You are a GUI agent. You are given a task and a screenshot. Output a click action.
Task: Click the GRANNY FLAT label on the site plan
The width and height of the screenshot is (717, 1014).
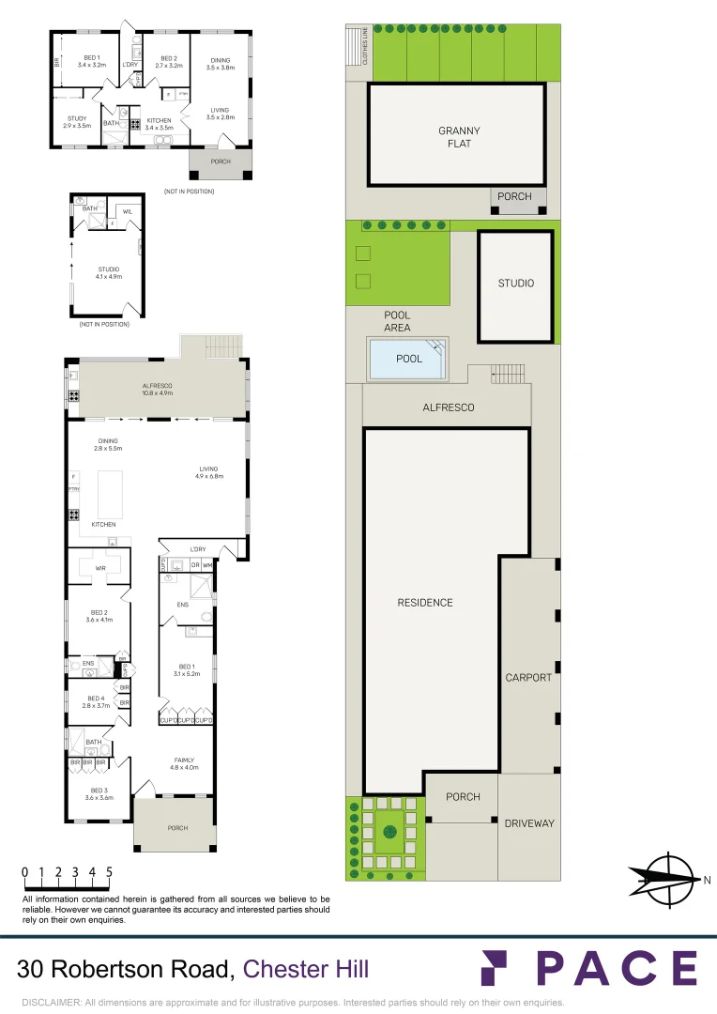click(459, 137)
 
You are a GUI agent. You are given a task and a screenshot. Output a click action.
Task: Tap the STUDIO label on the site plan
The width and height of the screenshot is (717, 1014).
click(515, 283)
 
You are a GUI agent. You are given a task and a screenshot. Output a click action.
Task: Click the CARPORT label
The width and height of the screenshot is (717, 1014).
click(528, 677)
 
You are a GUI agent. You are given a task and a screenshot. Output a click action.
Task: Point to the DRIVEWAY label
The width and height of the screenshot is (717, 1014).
click(529, 823)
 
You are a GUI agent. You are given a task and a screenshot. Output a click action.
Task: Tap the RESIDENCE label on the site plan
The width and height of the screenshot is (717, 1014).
click(425, 603)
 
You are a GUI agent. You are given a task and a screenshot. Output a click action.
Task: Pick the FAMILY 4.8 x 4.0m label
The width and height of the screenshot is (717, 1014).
click(185, 763)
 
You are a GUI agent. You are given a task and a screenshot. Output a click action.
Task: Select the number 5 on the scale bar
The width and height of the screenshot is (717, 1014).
click(110, 872)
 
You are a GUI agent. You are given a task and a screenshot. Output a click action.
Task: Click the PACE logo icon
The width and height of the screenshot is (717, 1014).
click(498, 967)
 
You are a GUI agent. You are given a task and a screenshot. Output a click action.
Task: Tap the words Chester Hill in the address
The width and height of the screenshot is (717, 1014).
click(306, 969)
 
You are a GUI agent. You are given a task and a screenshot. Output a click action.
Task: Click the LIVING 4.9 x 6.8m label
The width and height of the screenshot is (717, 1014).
click(207, 472)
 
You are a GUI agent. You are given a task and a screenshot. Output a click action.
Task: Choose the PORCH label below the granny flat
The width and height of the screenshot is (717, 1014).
click(513, 196)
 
